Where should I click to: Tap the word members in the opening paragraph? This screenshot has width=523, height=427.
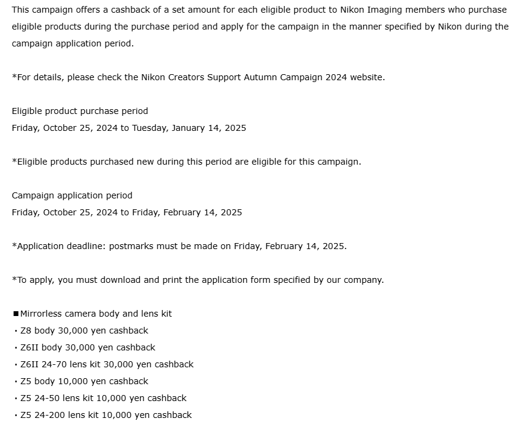(423, 10)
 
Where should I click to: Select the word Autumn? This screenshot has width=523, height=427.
(259, 77)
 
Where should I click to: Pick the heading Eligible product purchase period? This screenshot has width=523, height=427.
(80, 111)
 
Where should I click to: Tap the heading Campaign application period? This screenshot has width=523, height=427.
(72, 195)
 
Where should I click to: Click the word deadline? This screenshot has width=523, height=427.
(86, 246)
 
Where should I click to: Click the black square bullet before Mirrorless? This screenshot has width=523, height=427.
(16, 314)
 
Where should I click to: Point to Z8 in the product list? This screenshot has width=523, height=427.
(26, 331)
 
